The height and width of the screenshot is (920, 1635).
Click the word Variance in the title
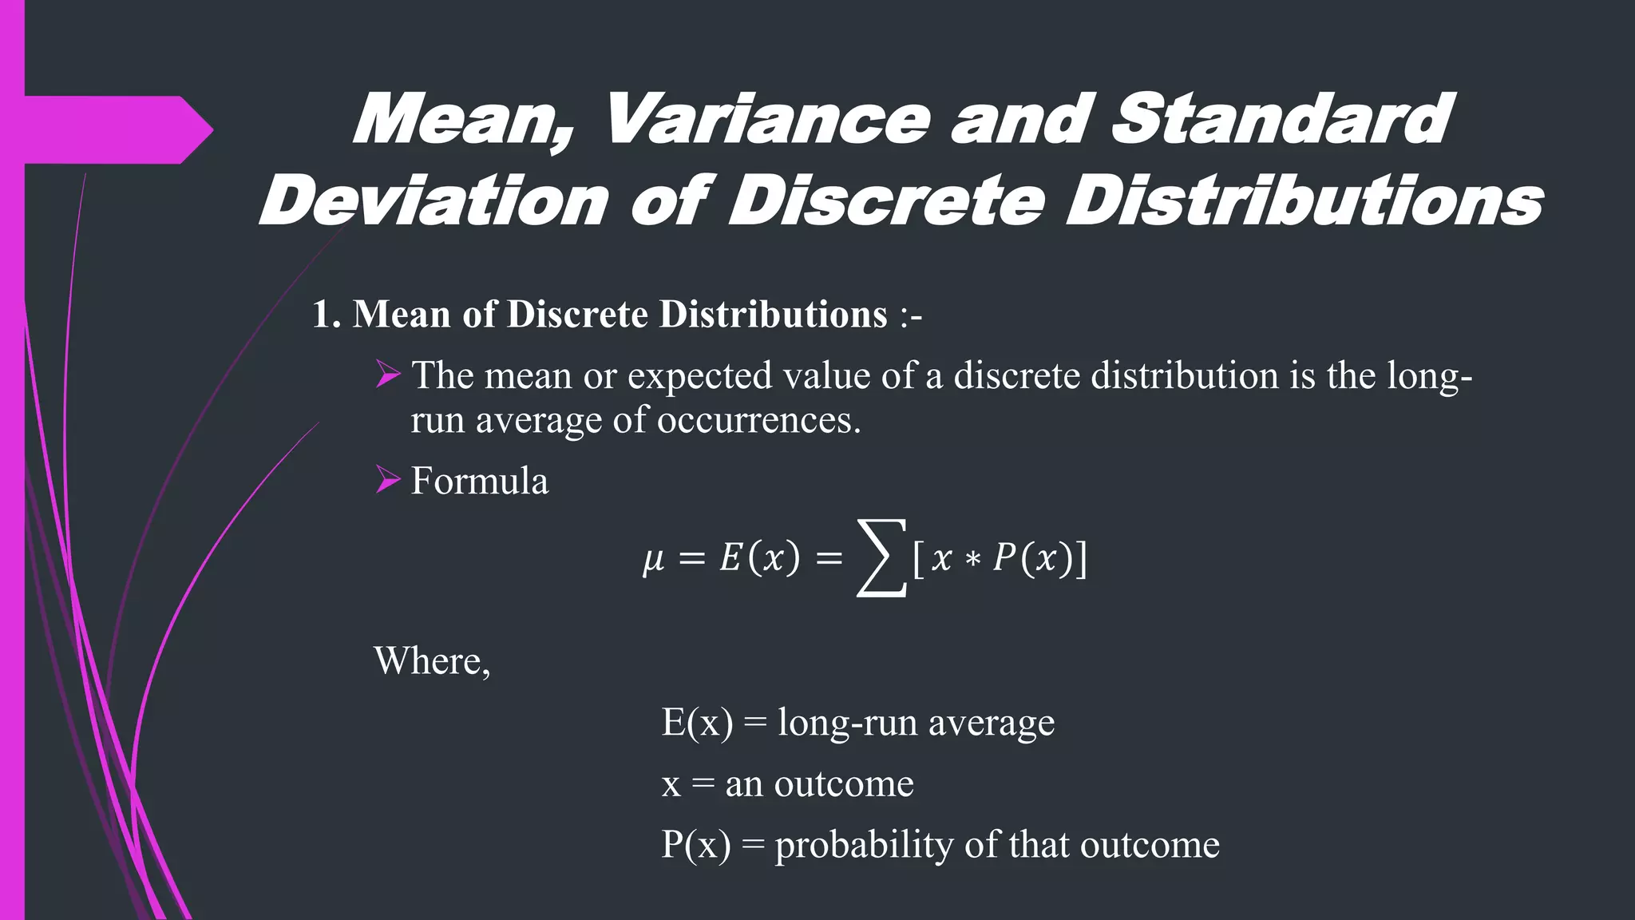point(766,120)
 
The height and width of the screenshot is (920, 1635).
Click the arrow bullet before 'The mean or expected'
point(388,375)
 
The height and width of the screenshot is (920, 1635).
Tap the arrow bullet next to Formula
point(388,480)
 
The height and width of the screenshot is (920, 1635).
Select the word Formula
point(480,481)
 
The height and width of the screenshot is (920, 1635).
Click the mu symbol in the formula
point(653,559)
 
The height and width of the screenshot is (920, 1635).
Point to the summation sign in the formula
point(881,557)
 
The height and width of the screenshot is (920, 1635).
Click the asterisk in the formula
point(972,560)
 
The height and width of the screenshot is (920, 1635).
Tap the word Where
point(432,661)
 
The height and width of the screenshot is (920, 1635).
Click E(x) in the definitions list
point(696,723)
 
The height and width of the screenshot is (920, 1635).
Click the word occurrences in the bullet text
point(758,420)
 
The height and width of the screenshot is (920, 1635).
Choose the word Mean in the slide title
point(463,120)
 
